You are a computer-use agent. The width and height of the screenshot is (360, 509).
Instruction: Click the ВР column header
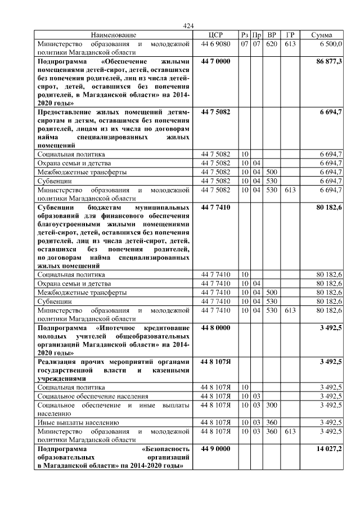[x=272, y=35]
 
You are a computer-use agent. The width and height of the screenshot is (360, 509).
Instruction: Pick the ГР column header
[x=290, y=35]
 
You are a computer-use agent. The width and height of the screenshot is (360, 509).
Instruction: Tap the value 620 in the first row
[x=272, y=43]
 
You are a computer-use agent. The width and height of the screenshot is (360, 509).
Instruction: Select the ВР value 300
[x=272, y=404]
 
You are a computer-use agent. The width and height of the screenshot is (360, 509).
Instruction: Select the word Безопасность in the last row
[x=166, y=449]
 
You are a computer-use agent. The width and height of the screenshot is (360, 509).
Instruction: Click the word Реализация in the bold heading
[x=57, y=362]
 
